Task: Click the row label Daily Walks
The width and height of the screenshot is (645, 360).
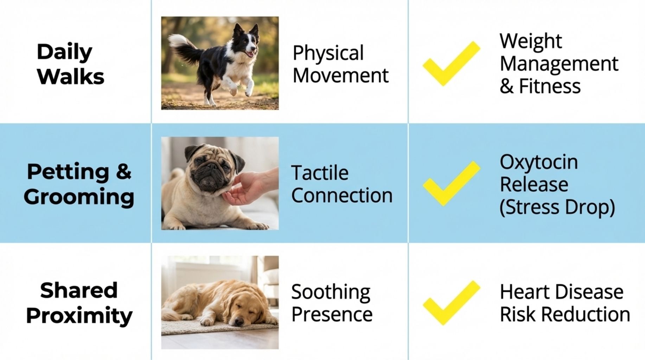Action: tap(70, 64)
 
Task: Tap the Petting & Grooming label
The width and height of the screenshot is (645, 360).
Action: tap(79, 184)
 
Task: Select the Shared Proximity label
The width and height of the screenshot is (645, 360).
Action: tap(79, 303)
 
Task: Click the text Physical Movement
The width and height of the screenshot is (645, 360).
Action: tap(340, 64)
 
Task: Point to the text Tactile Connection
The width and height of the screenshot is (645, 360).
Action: tap(341, 184)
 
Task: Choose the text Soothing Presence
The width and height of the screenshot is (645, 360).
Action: tap(331, 303)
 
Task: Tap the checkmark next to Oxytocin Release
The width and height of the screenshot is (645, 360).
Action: tap(451, 184)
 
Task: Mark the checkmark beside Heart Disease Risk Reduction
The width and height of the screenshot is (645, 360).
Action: tap(451, 303)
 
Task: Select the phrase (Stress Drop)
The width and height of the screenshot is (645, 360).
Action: tap(557, 207)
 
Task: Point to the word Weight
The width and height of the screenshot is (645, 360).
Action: tap(530, 41)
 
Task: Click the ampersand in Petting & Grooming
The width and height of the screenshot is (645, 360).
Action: tap(123, 172)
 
